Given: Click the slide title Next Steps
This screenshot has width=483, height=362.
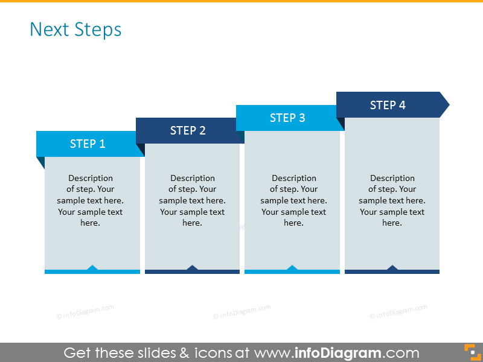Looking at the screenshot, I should [75, 30].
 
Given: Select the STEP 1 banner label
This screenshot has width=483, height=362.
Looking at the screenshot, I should [88, 144].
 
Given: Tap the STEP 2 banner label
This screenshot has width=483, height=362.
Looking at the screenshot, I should [188, 130].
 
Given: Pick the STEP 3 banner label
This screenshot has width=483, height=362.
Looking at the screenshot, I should [287, 118].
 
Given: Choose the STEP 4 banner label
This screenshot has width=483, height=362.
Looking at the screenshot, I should [388, 105].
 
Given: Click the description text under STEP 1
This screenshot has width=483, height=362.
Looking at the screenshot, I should [91, 200].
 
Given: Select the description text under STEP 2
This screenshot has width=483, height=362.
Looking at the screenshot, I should [192, 200].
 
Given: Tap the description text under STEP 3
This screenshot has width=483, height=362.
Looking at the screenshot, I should [293, 200].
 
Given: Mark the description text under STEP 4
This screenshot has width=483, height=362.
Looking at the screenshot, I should [392, 200].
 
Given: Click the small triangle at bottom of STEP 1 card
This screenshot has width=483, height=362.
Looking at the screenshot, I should [92, 268].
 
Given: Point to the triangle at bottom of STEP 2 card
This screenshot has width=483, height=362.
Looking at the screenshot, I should [192, 268].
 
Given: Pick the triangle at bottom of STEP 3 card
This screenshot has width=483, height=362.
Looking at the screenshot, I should [292, 268].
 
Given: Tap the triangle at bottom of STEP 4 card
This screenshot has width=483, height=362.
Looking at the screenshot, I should [392, 268].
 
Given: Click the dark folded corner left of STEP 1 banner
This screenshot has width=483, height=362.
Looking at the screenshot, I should [41, 162].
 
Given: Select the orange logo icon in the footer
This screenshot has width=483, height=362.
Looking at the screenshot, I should [470, 352].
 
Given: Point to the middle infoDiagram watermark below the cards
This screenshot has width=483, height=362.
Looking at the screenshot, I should [241, 312].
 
